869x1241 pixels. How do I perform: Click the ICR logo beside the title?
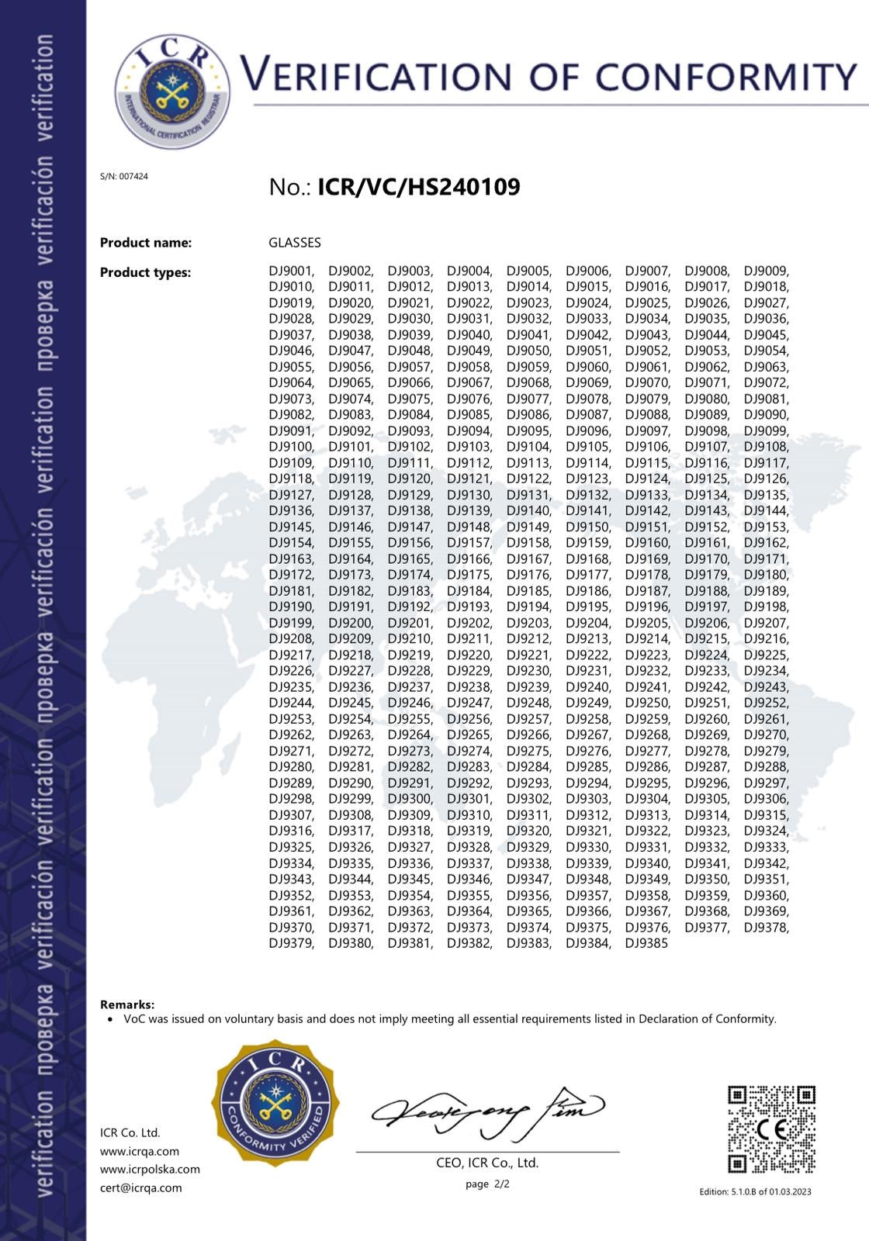pos(172,91)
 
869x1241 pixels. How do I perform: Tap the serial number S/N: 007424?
pos(124,176)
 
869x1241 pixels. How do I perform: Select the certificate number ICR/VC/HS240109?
pos(418,187)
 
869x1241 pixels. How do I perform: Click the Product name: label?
pos(146,243)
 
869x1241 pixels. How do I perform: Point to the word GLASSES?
pos(295,243)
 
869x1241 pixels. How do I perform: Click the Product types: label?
pos(145,272)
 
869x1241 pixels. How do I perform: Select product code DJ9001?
pos(291,271)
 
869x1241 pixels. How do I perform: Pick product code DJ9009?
pos(765,271)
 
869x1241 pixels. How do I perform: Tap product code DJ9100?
pos(291,447)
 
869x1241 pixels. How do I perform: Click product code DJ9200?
pos(350,623)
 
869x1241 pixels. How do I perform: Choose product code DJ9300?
pos(410,799)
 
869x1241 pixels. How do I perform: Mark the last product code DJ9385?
pos(646,943)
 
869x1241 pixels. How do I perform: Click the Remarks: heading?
pos(127,1004)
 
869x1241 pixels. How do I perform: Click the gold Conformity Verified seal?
pos(275,1102)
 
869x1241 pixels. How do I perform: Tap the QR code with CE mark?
pos(771,1129)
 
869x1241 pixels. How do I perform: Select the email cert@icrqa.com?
pos(141,1187)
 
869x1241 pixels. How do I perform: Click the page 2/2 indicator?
pos(487,1184)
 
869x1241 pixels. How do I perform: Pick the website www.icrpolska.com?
pos(150,1169)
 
